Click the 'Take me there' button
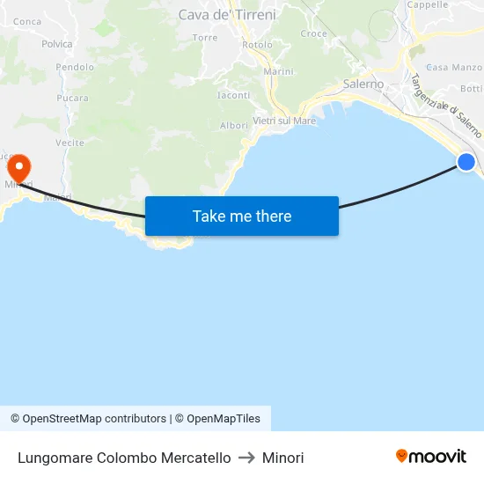point(241,216)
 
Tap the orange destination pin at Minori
point(18,165)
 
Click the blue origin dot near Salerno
point(466,161)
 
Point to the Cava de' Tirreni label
point(227,14)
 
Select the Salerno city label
point(363,84)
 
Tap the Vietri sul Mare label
point(283,121)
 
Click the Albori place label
point(234,126)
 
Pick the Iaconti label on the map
point(233,95)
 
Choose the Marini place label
point(278,71)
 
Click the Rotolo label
point(257,45)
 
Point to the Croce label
point(314,34)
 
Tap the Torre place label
point(204,38)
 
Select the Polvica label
point(57,44)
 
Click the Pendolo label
point(75,67)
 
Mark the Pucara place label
point(73,98)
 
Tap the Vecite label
point(70,143)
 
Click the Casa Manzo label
point(454,67)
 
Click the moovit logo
point(431,456)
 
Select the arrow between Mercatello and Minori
point(246,458)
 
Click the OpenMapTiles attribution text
point(224,419)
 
